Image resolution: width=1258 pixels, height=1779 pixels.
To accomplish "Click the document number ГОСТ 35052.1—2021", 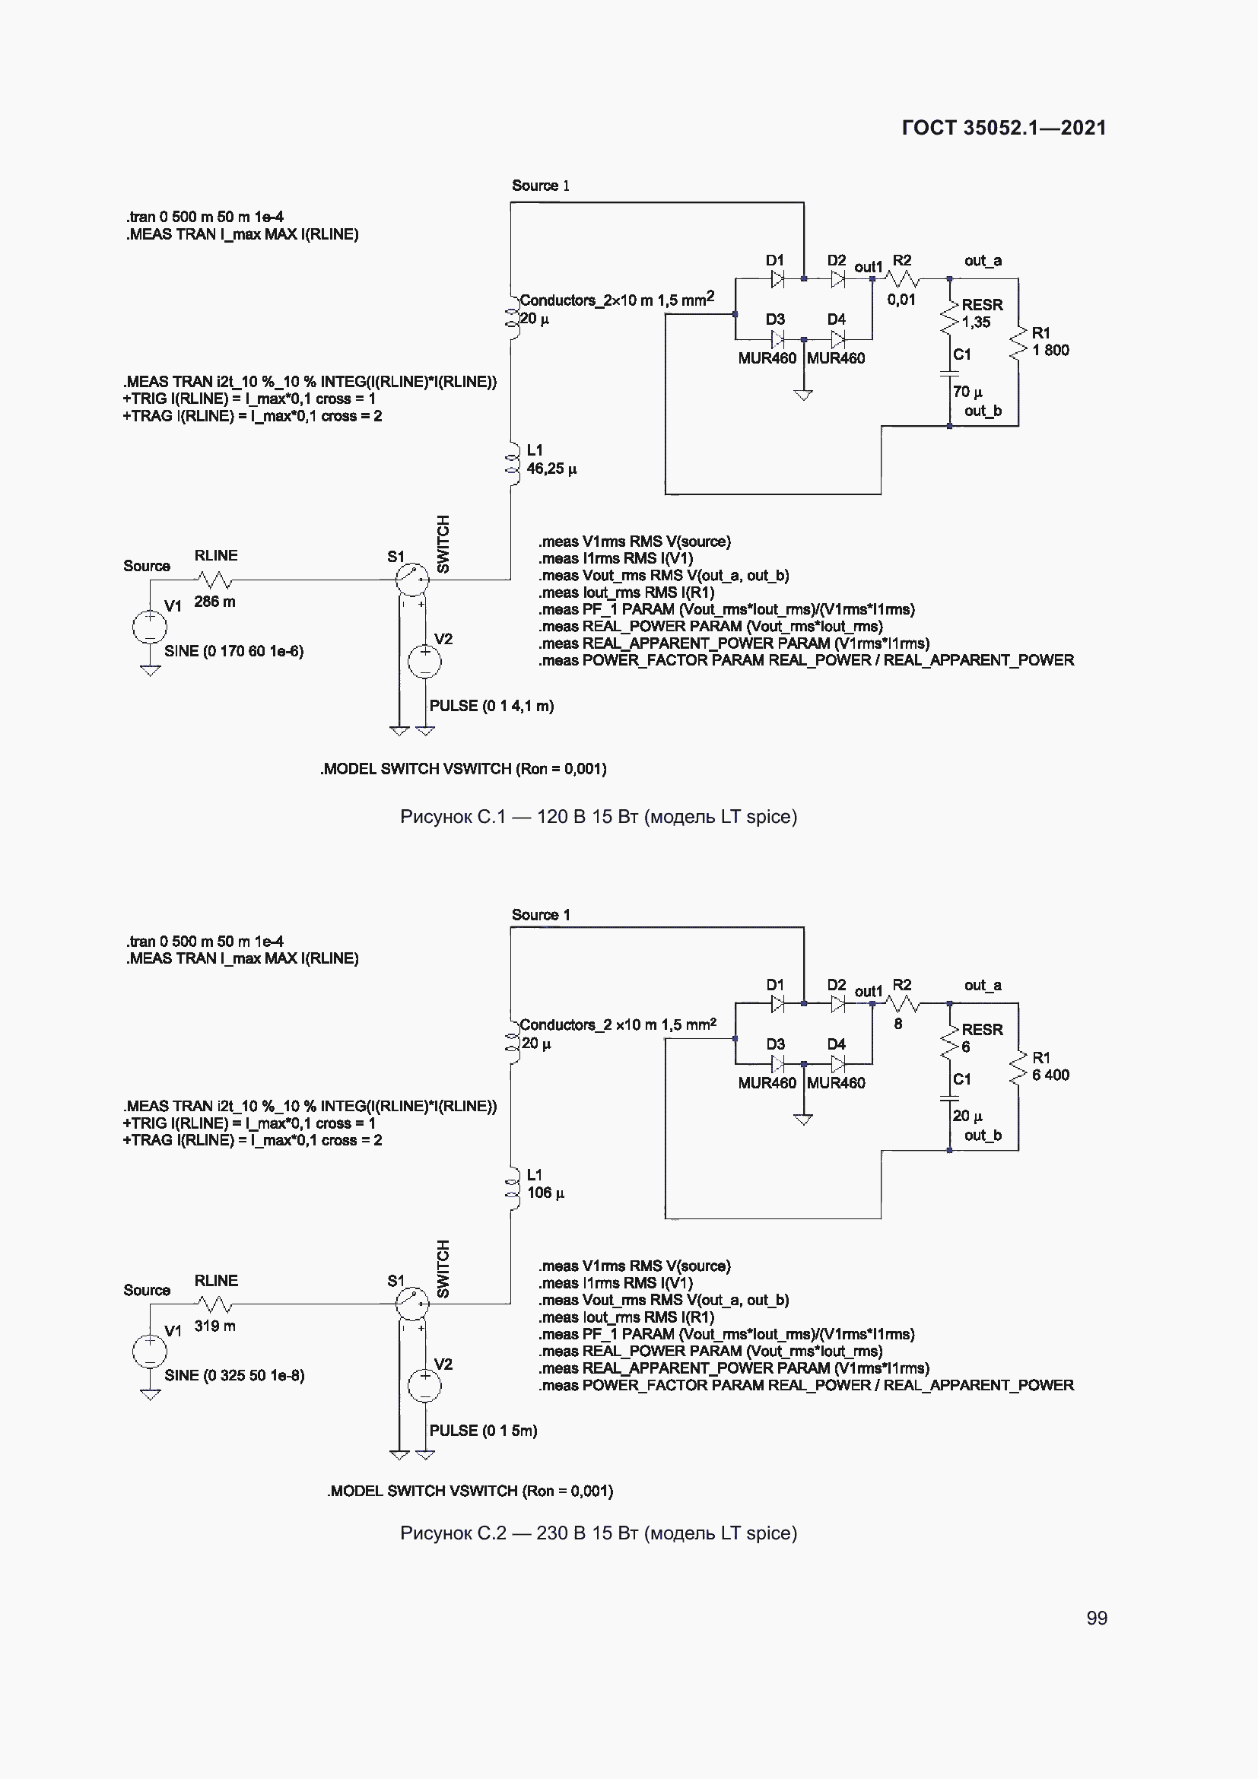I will (1003, 128).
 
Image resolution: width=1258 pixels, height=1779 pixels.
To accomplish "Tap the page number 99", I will (1096, 1618).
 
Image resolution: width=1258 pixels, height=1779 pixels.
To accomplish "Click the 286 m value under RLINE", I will (214, 602).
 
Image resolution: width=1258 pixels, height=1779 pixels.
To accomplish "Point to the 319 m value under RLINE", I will (214, 1326).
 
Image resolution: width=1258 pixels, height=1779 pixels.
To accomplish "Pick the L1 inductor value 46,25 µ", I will (551, 469).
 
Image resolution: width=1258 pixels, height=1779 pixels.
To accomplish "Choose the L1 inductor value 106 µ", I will (545, 1193).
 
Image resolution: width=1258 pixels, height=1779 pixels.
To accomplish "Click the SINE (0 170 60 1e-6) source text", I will (233, 651).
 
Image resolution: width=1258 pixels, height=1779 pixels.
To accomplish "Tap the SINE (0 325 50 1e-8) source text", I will (234, 1375).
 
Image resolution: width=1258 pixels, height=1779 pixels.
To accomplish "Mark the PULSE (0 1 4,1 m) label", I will (491, 706).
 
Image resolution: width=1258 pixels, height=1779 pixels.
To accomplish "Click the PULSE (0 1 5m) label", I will (483, 1431).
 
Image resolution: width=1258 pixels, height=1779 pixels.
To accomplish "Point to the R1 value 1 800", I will (1050, 350).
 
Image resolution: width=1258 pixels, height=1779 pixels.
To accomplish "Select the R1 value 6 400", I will (1050, 1075).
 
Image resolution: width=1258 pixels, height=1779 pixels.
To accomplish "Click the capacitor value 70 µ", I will (967, 392).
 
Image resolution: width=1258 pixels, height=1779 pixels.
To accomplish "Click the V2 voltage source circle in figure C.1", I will (424, 662).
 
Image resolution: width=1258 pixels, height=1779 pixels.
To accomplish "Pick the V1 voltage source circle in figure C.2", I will (150, 1352).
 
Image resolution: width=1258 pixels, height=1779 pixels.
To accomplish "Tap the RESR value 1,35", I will (975, 322).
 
